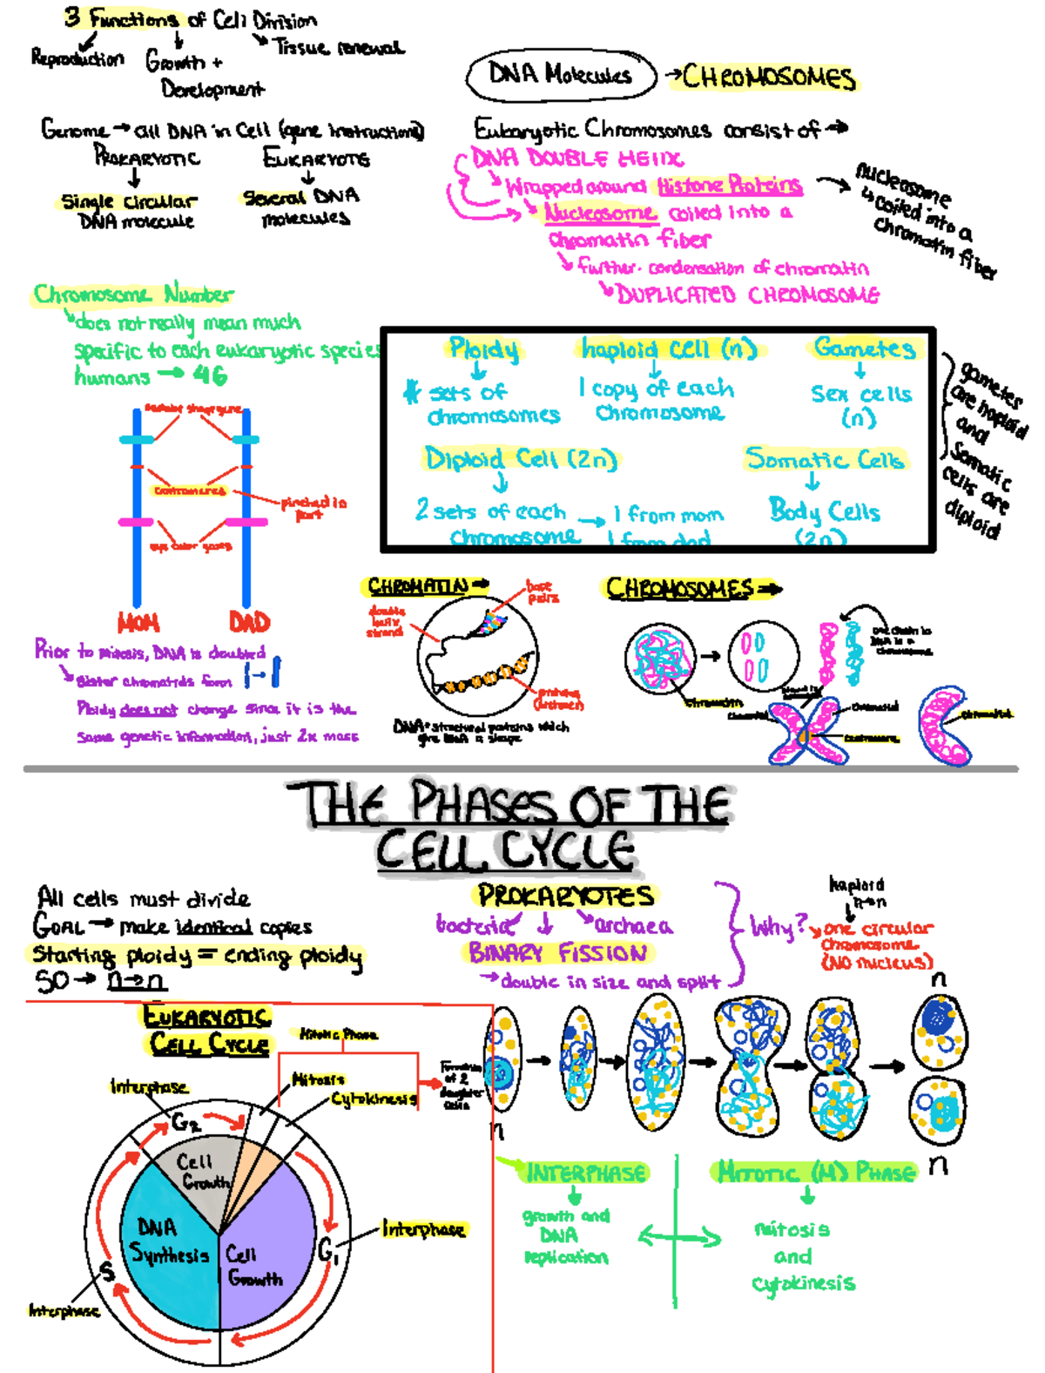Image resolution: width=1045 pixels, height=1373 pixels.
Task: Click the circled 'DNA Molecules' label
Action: pos(560,76)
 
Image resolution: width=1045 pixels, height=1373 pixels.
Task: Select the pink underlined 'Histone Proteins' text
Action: pos(729,185)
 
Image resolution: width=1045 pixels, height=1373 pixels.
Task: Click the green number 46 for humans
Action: pos(210,376)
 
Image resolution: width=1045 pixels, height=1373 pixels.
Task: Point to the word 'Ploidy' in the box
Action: pos(483,349)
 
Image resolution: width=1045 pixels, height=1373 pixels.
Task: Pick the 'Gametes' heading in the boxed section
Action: pos(864,348)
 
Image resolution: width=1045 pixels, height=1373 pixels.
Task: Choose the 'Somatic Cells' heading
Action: pos(824,458)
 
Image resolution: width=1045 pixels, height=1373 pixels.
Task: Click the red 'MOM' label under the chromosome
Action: pos(138,622)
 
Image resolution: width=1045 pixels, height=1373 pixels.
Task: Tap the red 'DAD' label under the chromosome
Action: pos(249,622)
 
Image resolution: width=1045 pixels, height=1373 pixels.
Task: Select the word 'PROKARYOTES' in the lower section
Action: pos(565,896)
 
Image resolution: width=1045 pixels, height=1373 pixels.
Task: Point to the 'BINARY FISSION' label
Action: pos(557,953)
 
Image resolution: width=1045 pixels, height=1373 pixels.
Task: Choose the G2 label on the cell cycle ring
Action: pos(185,1122)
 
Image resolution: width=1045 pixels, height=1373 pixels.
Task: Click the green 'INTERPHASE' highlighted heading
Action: pos(585,1173)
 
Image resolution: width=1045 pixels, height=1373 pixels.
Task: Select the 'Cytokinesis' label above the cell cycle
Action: pos(373,1099)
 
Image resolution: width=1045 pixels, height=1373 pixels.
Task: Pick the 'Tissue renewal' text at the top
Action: pos(339,47)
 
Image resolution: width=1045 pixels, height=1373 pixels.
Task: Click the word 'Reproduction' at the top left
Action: pos(78,58)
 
